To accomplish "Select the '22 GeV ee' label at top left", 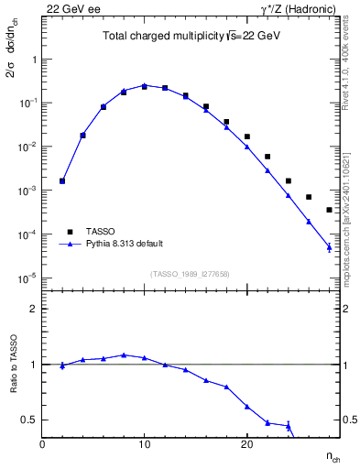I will [x=69, y=8].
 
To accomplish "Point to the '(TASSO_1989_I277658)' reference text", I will [x=190, y=273].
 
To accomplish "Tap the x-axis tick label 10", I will [x=145, y=444].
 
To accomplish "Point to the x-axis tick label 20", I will [x=246, y=444].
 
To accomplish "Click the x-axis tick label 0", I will [x=42, y=444].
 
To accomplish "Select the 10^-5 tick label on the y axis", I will [x=28, y=278].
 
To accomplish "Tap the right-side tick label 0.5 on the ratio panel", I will [x=349, y=420].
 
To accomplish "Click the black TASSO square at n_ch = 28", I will [x=329, y=210].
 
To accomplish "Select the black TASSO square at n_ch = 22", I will [x=267, y=157].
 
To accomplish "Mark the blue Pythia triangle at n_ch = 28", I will [x=329, y=246].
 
